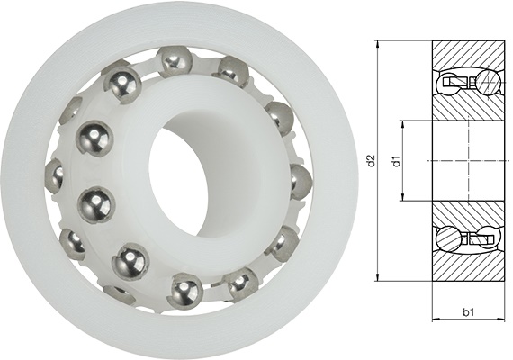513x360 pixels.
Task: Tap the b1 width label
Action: click(x=468, y=311)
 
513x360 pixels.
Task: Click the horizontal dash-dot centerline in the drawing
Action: click(x=468, y=160)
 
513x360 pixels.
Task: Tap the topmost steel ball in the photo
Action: click(x=174, y=62)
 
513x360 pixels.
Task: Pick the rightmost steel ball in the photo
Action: click(x=300, y=179)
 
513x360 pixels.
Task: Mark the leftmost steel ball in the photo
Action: click(x=54, y=175)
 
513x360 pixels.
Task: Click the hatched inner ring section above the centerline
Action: click(x=468, y=108)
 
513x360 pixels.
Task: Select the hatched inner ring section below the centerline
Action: click(x=468, y=214)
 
